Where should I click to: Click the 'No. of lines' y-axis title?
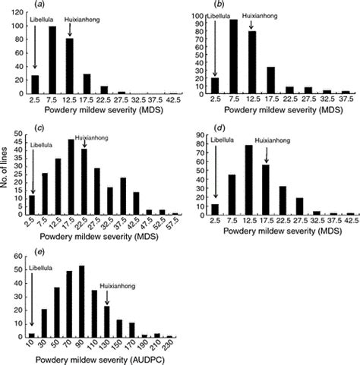[x=6, y=183]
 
